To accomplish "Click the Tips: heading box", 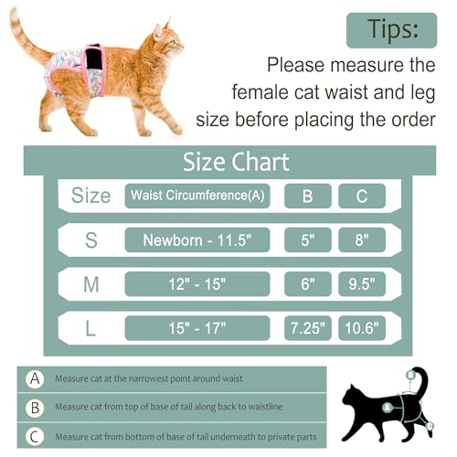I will [391, 29].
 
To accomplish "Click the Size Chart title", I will [236, 163].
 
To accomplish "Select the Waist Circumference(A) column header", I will [197, 196].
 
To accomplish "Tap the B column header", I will [307, 196].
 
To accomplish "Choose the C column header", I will [362, 196].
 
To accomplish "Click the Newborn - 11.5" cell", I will [197, 240].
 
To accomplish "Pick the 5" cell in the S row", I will [307, 240].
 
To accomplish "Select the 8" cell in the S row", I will [362, 240].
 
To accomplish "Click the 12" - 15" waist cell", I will [197, 284].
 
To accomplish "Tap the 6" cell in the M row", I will [307, 284].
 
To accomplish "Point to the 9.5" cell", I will [362, 284].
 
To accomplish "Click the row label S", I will [91, 240].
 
